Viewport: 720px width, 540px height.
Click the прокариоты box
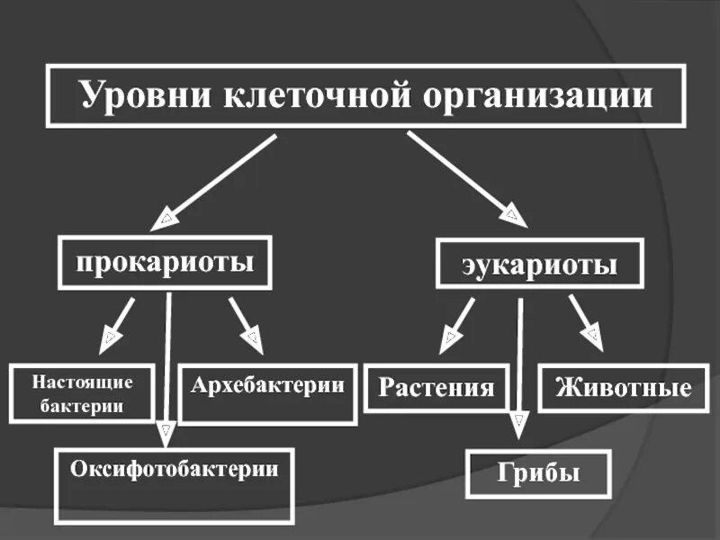165,263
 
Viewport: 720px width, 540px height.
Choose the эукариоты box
540,265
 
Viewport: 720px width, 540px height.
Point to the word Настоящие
83,382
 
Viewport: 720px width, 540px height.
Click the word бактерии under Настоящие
82,406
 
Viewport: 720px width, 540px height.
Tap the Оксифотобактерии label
175,468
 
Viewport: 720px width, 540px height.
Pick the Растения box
436,388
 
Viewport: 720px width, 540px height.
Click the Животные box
624,389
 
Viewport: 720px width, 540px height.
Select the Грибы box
538,473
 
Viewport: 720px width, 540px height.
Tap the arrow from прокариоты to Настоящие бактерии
119,322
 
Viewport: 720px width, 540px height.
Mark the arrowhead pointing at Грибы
518,424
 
